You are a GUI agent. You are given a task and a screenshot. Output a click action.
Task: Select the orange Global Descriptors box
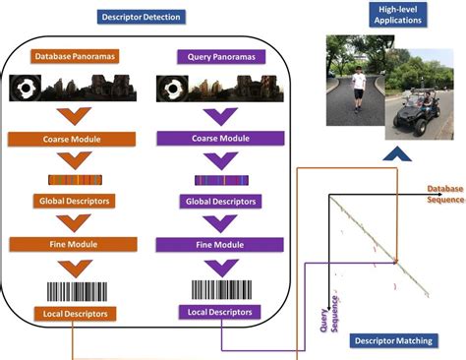click(73, 201)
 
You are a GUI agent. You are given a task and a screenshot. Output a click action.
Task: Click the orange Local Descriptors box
click(73, 313)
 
